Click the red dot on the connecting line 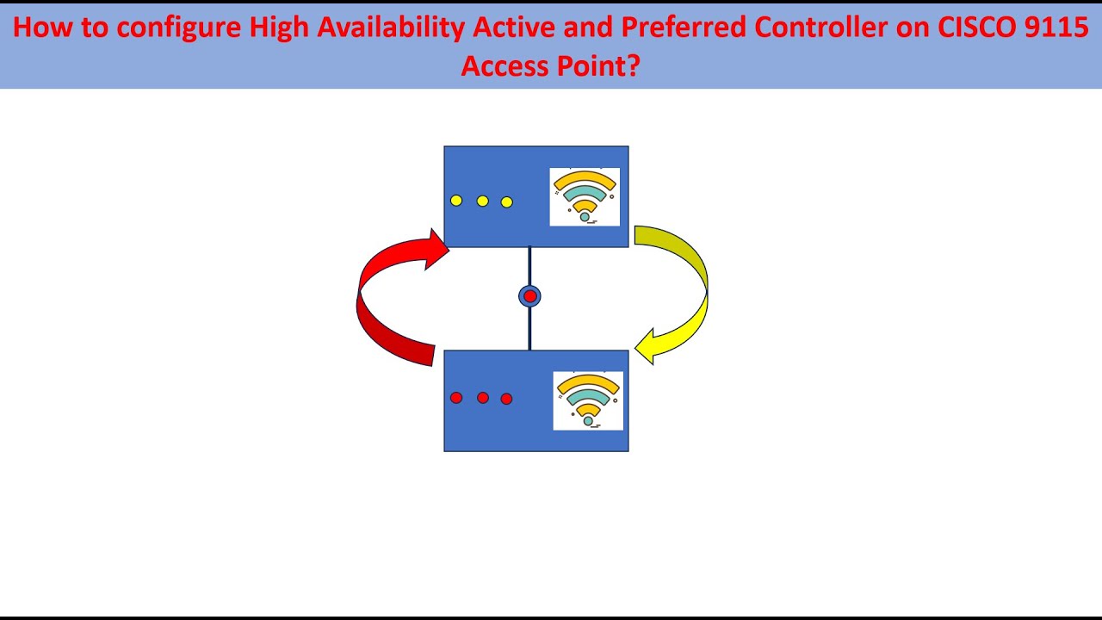529,296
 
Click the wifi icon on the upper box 585,196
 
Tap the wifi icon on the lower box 588,400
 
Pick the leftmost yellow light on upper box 456,201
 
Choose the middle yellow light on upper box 482,201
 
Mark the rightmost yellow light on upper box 506,202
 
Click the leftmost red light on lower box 456,398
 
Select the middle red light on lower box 482,398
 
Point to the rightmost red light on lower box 506,399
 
